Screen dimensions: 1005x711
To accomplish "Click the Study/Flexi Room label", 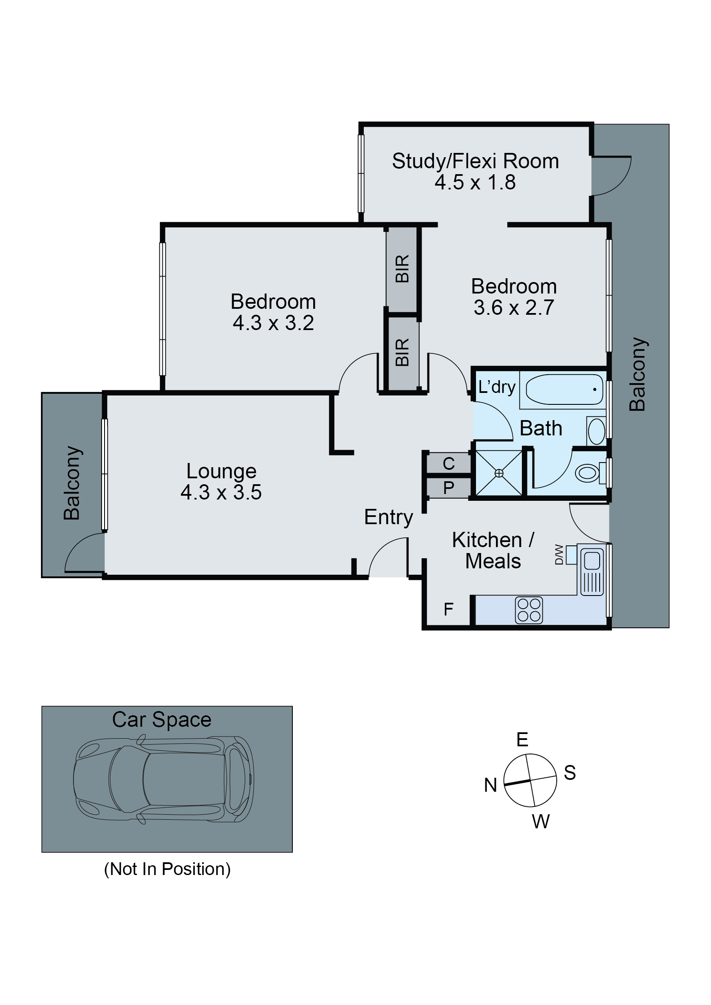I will [x=475, y=161].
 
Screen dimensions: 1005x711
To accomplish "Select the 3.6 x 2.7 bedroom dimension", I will [x=513, y=308].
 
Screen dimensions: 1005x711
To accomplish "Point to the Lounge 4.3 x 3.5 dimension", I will [x=221, y=492].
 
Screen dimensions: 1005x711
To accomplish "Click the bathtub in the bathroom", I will [x=564, y=389].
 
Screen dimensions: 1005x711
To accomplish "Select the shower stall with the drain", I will [x=499, y=473].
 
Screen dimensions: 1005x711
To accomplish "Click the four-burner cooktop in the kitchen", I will [x=529, y=610].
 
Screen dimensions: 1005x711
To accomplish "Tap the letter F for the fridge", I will [x=448, y=609].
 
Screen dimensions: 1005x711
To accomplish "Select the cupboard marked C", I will [x=448, y=463].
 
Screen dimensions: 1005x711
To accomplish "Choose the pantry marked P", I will [x=448, y=488].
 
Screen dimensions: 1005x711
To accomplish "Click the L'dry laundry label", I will [x=496, y=387].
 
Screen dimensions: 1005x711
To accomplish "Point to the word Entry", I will [x=388, y=517].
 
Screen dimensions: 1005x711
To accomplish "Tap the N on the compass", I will [x=490, y=785].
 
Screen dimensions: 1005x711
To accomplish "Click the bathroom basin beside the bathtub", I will [x=596, y=431].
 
